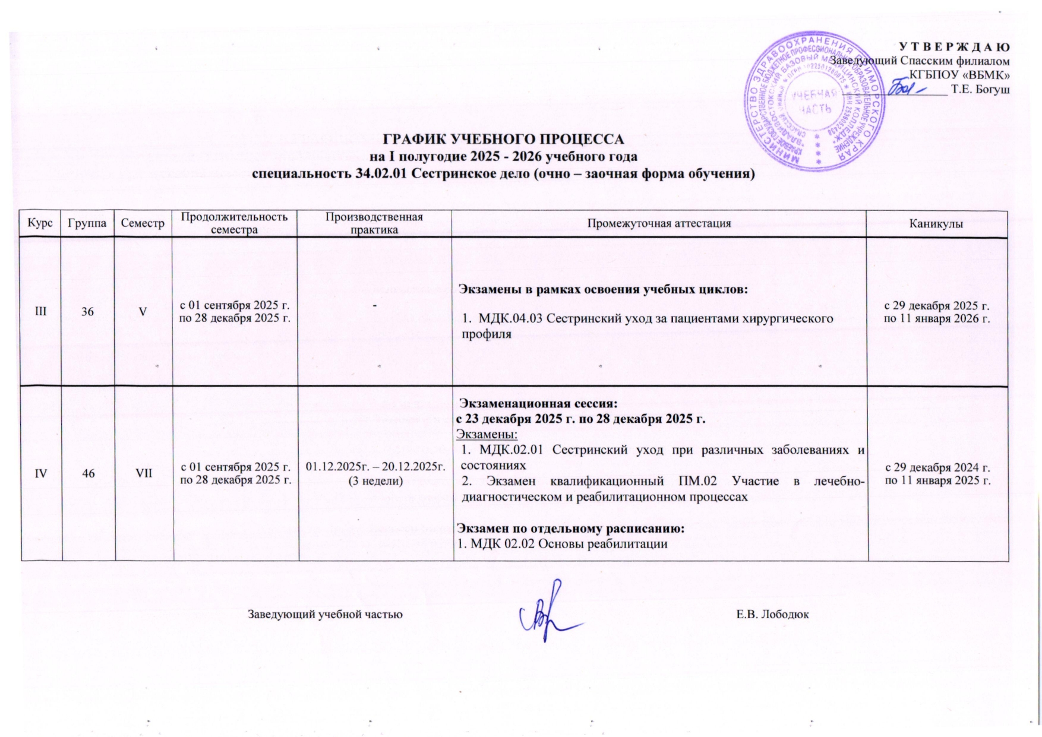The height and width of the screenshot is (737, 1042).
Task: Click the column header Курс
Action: [40, 224]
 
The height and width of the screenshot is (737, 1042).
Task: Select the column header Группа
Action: [87, 224]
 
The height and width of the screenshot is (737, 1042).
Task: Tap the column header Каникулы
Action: [937, 224]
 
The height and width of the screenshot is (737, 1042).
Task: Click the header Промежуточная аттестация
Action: [659, 224]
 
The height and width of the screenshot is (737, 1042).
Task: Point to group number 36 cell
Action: [87, 311]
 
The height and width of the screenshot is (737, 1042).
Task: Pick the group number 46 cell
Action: [87, 473]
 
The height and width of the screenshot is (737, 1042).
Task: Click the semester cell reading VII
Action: [143, 473]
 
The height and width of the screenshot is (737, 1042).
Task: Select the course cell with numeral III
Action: [40, 311]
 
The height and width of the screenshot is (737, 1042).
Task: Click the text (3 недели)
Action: [375, 480]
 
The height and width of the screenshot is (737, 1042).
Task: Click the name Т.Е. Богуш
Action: [980, 90]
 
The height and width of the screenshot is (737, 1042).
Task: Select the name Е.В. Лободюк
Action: [772, 614]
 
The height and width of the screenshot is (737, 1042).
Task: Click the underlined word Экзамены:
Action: [487, 433]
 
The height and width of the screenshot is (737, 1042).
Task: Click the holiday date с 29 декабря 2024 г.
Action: [937, 467]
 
